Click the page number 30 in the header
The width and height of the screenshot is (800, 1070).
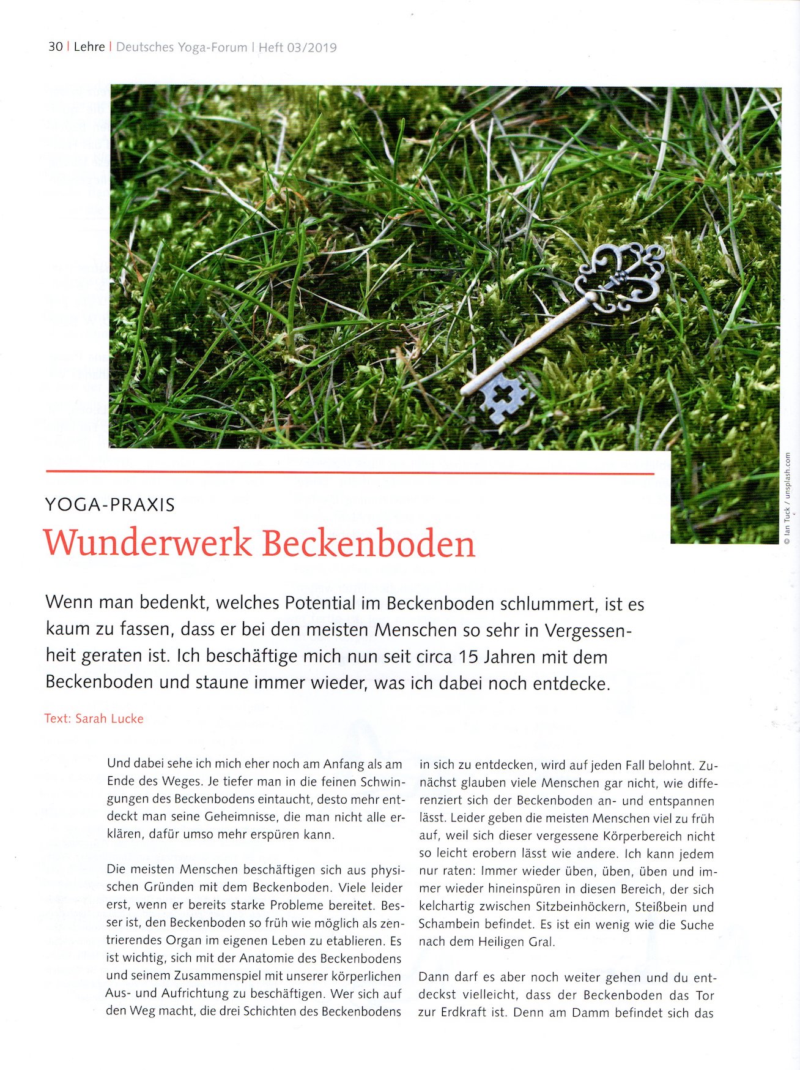coord(55,47)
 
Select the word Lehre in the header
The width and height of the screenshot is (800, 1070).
coord(89,47)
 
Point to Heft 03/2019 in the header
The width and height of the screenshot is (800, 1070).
coord(298,48)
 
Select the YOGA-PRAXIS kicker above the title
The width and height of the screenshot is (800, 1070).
coord(110,505)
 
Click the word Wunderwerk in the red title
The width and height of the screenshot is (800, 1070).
coord(147,543)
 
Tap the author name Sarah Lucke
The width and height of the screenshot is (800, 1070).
coord(109,719)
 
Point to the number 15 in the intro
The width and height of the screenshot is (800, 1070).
coord(468,657)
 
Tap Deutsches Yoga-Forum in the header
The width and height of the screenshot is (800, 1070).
coord(182,48)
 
